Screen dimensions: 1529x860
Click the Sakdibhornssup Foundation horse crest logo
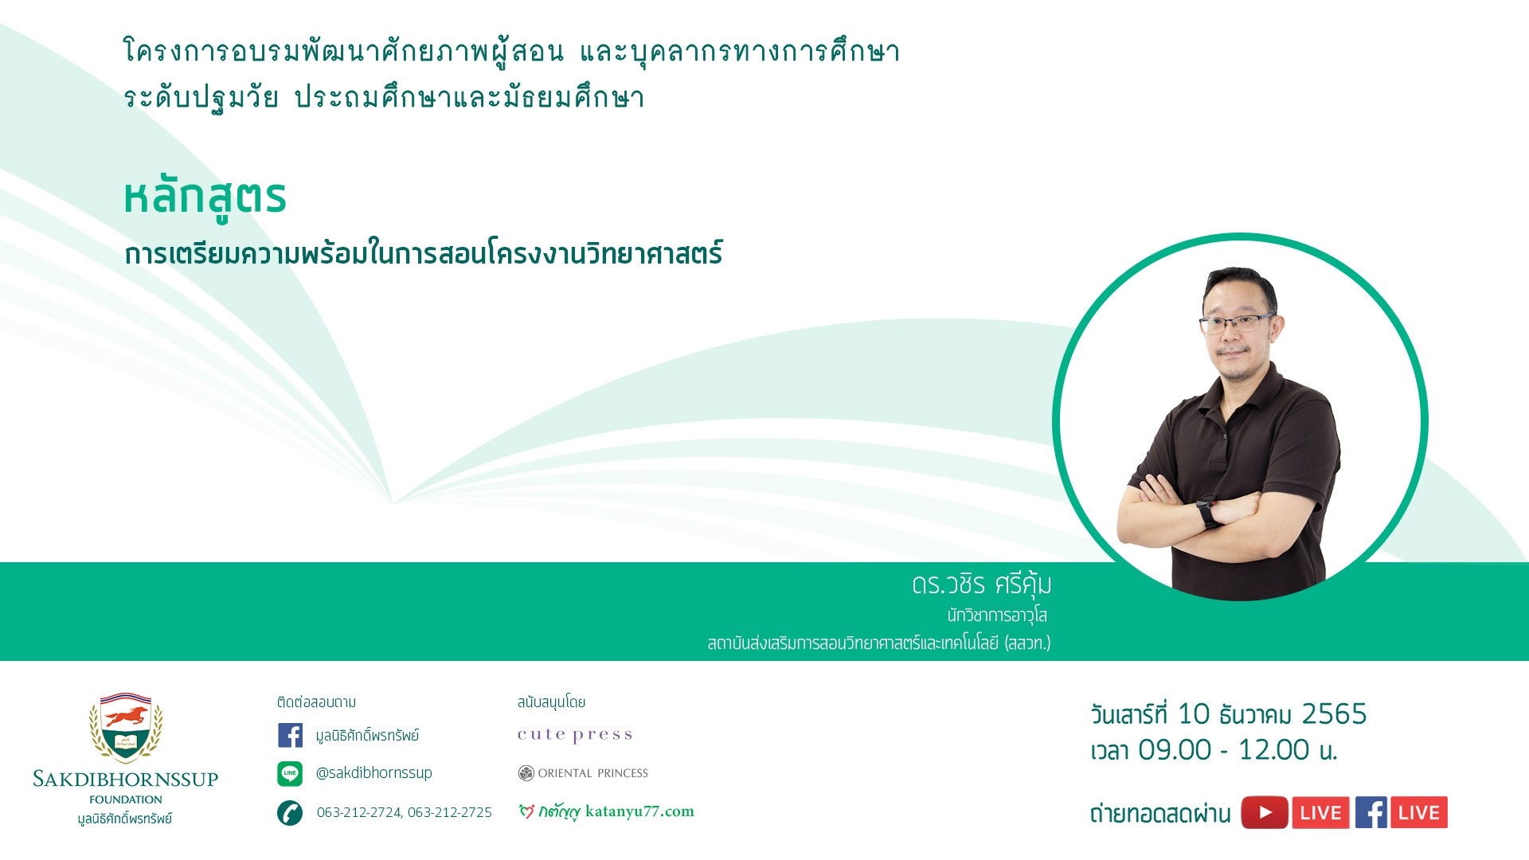point(126,727)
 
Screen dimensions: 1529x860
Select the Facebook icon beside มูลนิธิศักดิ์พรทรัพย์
point(290,735)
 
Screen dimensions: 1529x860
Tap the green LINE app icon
point(290,773)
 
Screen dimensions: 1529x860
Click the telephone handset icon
point(290,813)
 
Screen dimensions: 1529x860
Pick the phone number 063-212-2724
point(359,812)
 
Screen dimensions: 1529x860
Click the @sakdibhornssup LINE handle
point(373,772)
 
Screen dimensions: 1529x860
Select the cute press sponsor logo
point(575,734)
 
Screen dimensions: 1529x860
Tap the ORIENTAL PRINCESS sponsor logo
point(583,773)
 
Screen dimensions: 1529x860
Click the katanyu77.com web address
point(639,811)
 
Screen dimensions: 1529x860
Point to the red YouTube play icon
point(1265,813)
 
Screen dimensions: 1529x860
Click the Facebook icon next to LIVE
point(1371,813)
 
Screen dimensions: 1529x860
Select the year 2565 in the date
point(1334,714)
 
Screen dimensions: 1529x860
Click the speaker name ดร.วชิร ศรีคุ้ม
point(982,584)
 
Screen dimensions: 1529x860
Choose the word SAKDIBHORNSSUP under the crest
point(125,779)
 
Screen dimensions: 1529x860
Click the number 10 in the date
point(1194,714)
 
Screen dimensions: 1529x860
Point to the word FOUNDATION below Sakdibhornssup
point(126,799)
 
